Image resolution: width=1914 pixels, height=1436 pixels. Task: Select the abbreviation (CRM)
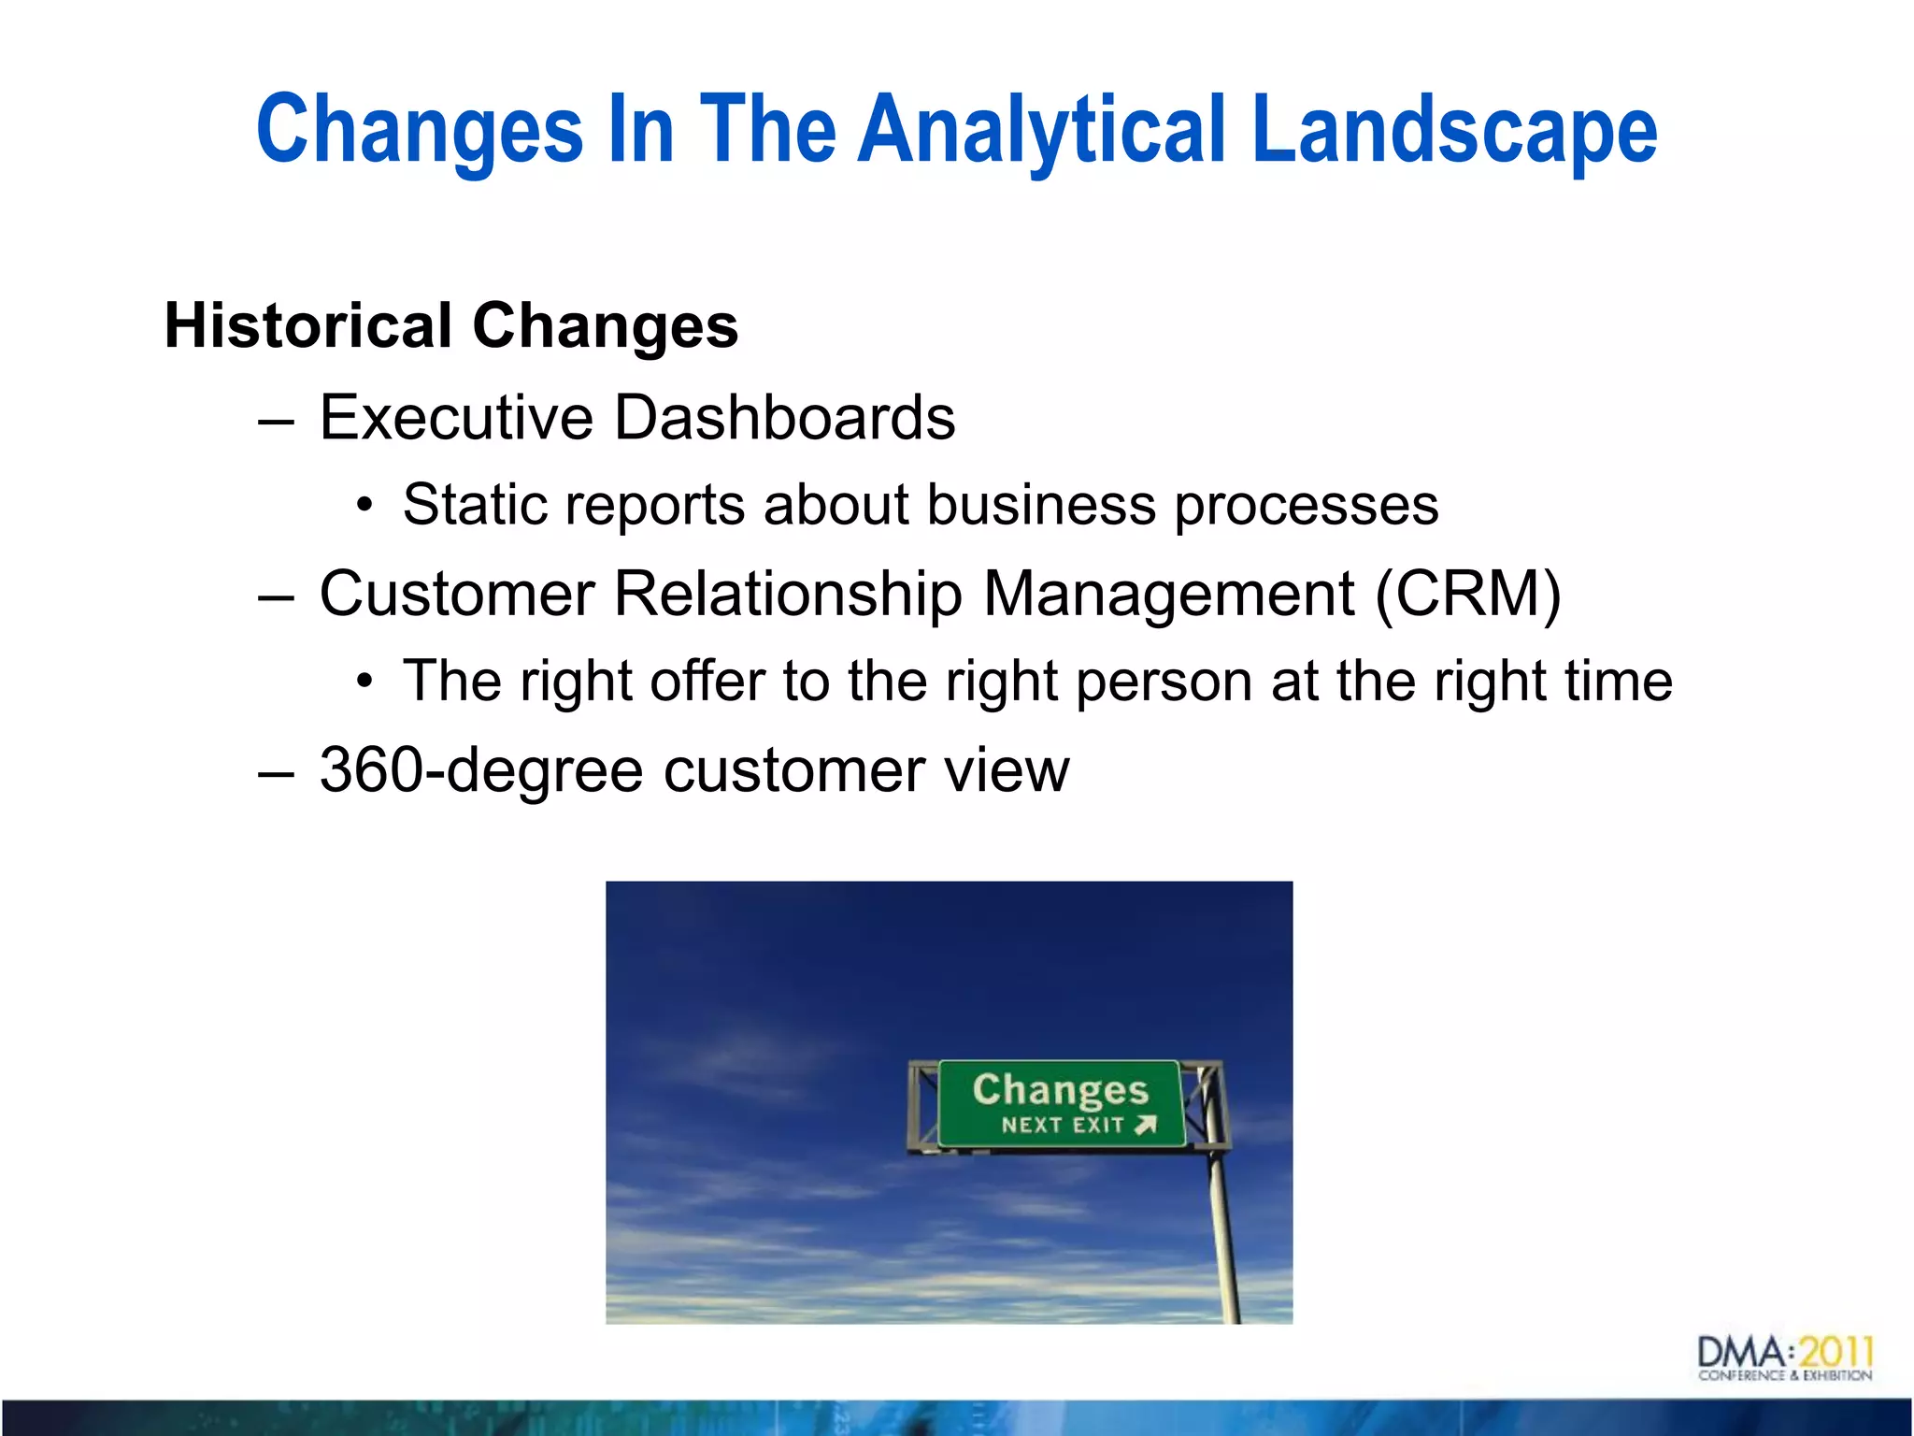click(x=1467, y=594)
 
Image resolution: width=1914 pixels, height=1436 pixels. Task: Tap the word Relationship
click(x=788, y=595)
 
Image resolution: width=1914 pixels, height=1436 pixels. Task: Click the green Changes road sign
click(x=1061, y=1103)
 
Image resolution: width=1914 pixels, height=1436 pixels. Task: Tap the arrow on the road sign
click(x=1146, y=1125)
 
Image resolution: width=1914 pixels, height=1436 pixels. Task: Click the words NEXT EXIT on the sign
click(x=1062, y=1125)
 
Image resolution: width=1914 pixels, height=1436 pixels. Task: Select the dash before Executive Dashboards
click(x=276, y=421)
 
